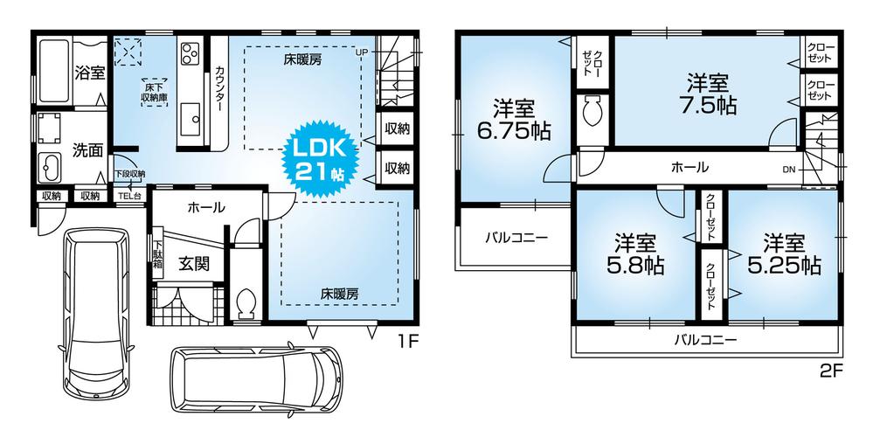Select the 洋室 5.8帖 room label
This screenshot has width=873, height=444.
click(x=635, y=254)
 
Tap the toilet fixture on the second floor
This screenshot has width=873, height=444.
click(x=592, y=111)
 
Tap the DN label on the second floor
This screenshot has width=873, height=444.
click(x=789, y=170)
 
